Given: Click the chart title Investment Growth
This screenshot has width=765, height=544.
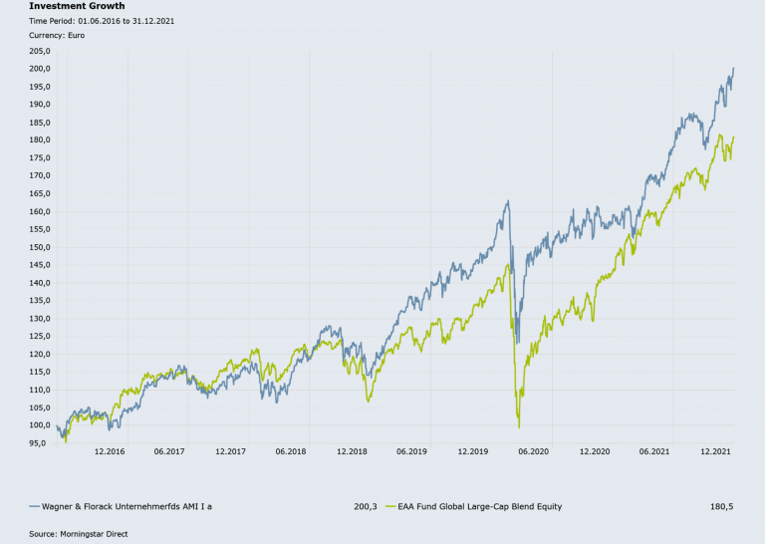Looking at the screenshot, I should coord(77,6).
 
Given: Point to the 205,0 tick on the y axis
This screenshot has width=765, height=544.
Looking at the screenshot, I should coord(41,51).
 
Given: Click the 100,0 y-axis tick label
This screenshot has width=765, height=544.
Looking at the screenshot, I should coord(41,425).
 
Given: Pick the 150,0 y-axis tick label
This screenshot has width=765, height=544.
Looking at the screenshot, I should coord(41,247).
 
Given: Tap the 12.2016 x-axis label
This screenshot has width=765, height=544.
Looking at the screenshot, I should coord(110,451).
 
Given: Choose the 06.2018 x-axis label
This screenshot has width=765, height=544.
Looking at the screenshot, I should coord(291,451).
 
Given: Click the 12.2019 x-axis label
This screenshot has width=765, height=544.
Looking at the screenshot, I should coord(473,451).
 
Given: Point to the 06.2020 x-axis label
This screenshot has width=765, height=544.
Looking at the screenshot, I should coord(534,451).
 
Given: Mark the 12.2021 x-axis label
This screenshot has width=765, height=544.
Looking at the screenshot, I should coord(715,451).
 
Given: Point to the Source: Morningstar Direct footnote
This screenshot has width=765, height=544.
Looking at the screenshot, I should coord(78,534).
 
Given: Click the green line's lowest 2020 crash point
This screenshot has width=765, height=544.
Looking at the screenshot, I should coord(519,427).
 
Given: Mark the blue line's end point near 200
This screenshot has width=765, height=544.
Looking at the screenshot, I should coord(734,69).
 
